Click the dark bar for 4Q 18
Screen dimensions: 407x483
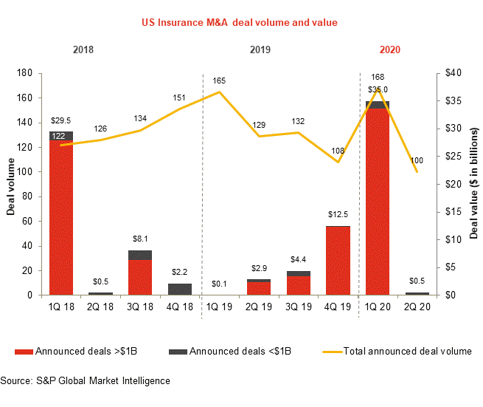(180, 290)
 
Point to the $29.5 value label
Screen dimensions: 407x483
(60, 120)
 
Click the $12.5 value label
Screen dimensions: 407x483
(338, 214)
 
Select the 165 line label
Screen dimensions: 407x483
(219, 80)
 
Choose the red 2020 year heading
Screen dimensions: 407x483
(390, 51)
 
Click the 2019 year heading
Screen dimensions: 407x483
(260, 51)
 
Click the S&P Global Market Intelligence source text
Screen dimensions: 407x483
(85, 381)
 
